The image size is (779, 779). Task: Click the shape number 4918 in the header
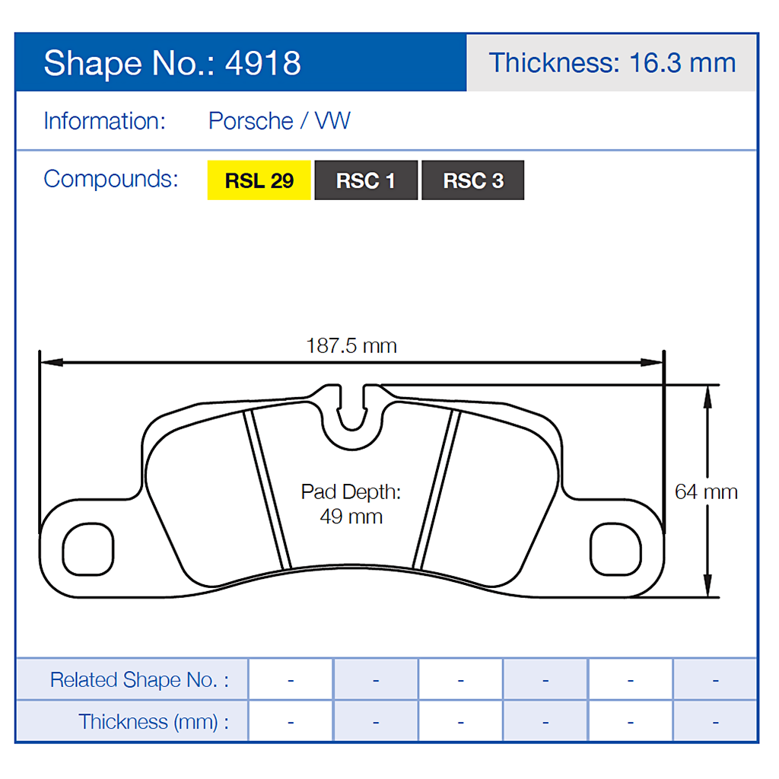[x=263, y=63]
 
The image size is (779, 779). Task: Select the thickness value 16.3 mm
[x=682, y=62]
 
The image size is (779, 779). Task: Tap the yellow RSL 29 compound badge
[x=259, y=181]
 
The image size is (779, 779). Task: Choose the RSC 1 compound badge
[x=366, y=181]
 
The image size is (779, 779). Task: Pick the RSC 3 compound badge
[x=473, y=181]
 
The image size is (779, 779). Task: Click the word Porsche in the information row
[x=251, y=121]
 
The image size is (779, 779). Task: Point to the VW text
[x=332, y=121]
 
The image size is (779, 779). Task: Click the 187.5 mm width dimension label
[x=351, y=346]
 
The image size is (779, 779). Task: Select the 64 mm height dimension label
[x=706, y=491]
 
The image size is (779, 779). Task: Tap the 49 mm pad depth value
[x=351, y=517]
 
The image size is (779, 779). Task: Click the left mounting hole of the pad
[x=88, y=548]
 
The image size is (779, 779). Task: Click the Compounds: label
[x=111, y=179]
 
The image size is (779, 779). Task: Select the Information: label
[x=104, y=121]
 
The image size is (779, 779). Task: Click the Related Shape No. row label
[x=138, y=679]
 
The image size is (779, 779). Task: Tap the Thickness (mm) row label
[x=153, y=721]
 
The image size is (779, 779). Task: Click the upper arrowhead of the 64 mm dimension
[x=707, y=393]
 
